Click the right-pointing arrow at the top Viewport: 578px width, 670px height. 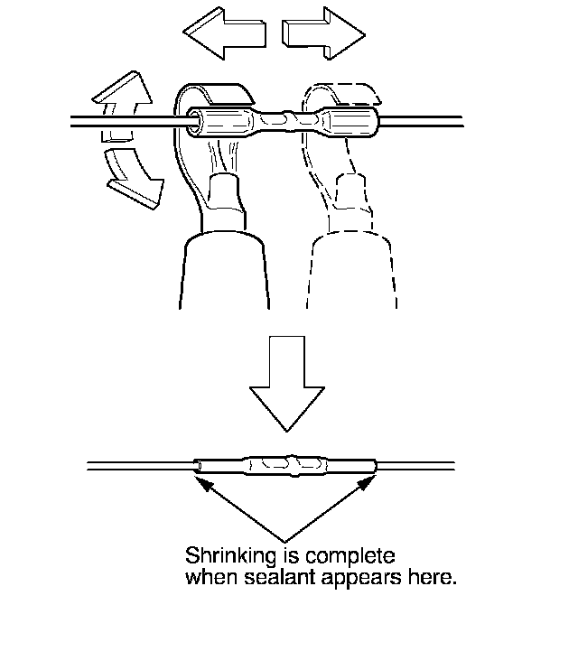point(322,33)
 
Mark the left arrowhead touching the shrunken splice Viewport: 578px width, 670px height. point(205,484)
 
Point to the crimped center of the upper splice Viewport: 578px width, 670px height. point(288,118)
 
